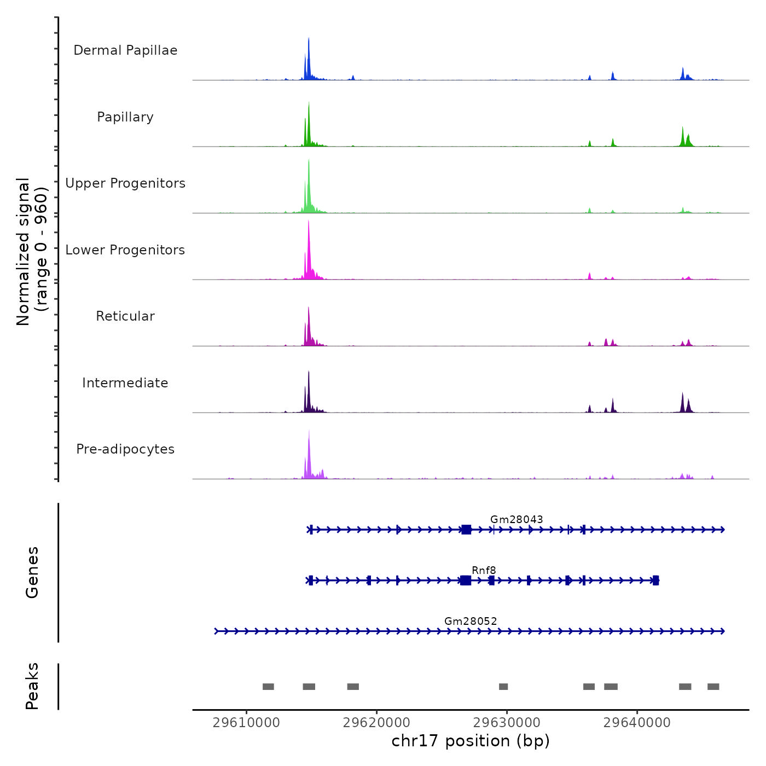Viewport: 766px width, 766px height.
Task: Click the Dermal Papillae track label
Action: coord(125,50)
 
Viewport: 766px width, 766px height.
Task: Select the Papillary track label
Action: coord(125,117)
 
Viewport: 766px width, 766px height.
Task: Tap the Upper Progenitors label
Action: coord(125,183)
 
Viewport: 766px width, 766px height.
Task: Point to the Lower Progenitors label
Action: coord(125,250)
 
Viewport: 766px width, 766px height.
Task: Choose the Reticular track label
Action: coord(125,316)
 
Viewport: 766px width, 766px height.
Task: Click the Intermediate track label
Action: coord(125,383)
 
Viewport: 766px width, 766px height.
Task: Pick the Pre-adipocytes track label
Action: coord(125,449)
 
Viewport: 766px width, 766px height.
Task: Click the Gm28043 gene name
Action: coord(517,519)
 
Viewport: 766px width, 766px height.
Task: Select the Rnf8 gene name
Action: coord(484,570)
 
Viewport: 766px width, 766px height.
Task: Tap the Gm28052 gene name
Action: coord(471,621)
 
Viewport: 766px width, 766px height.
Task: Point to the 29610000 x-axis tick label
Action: coord(246,723)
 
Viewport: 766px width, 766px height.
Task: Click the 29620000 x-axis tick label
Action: coord(376,723)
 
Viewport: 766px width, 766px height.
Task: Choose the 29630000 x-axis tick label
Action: coord(507,723)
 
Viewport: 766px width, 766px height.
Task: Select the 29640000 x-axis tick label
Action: coord(637,723)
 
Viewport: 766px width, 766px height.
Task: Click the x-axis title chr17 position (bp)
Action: coord(471,741)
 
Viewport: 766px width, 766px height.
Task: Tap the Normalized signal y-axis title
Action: coord(32,252)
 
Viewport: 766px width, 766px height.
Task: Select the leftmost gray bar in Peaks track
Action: coord(268,687)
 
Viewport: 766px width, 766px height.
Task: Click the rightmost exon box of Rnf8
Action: coord(655,581)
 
